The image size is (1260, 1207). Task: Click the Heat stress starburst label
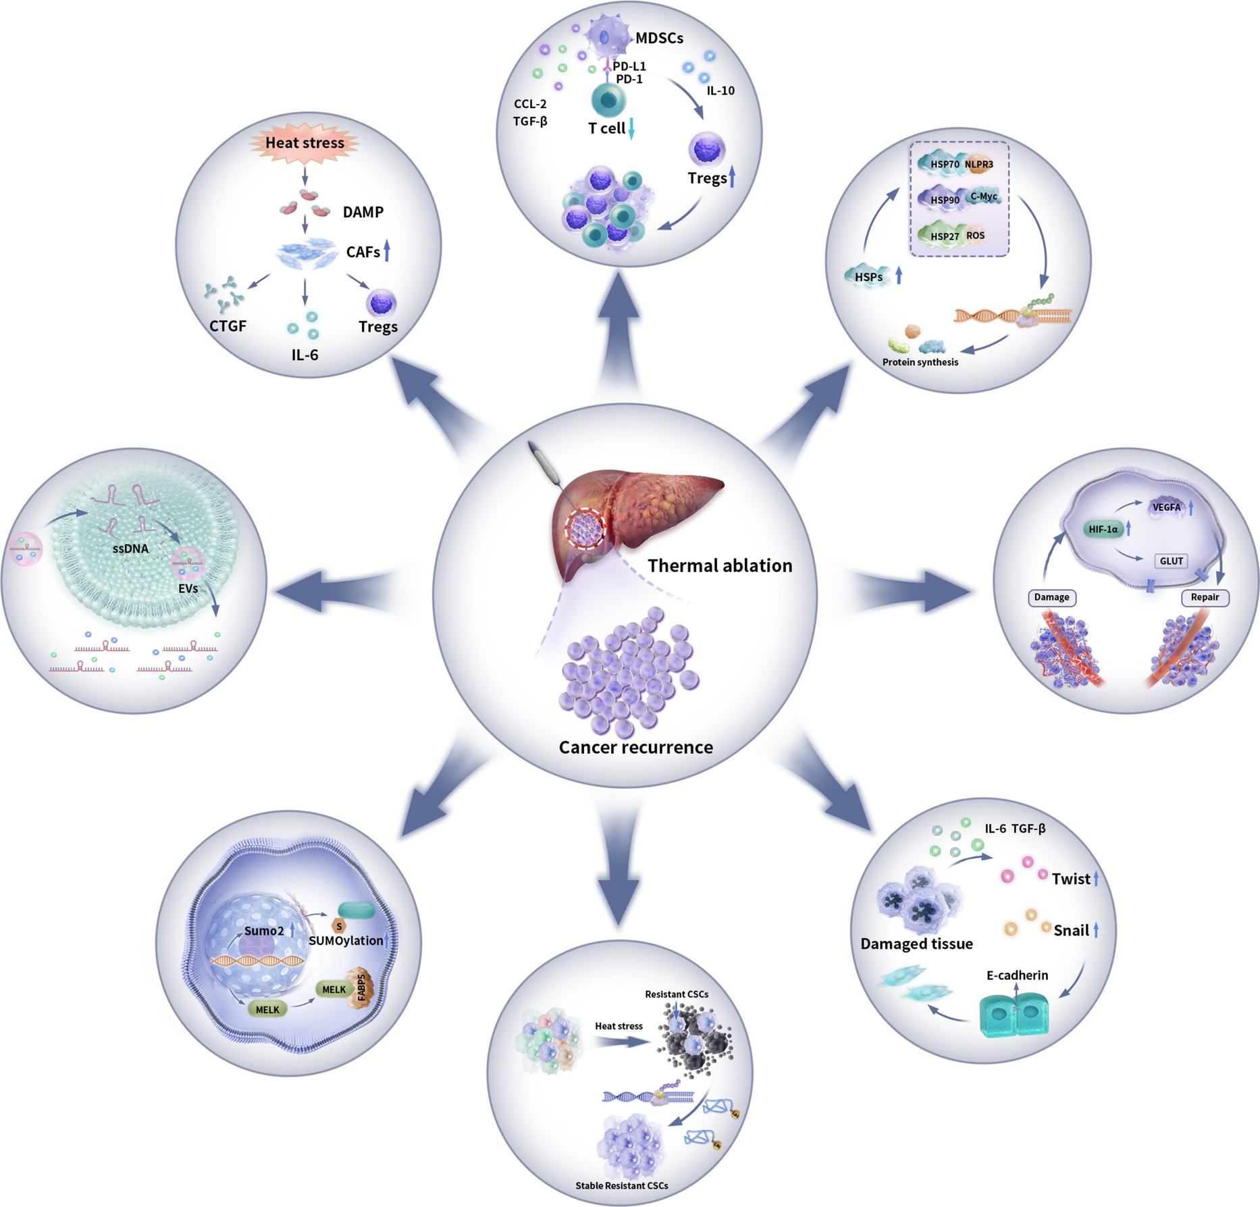(x=305, y=143)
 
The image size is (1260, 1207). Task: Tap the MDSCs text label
(x=659, y=38)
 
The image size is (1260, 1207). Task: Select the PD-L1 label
(x=629, y=66)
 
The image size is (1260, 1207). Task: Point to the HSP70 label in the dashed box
(x=944, y=164)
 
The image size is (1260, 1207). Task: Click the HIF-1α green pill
(x=1103, y=529)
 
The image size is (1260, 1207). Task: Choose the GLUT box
(x=1171, y=561)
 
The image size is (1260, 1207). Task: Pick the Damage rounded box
(x=1051, y=597)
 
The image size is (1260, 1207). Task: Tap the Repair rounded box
(x=1205, y=597)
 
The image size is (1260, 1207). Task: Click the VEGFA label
(x=1167, y=507)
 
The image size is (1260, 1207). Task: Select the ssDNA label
(x=130, y=548)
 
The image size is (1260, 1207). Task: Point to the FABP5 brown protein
(x=361, y=987)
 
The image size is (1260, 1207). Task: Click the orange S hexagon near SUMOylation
(x=339, y=927)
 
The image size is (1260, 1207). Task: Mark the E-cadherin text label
(x=1017, y=975)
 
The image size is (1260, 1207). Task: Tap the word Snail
(x=1071, y=931)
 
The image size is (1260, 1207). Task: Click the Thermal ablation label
(x=720, y=565)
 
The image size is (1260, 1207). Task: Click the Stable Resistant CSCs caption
(x=621, y=1185)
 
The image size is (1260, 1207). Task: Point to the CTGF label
(x=228, y=326)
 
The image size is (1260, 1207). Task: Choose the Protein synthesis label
(x=920, y=362)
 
